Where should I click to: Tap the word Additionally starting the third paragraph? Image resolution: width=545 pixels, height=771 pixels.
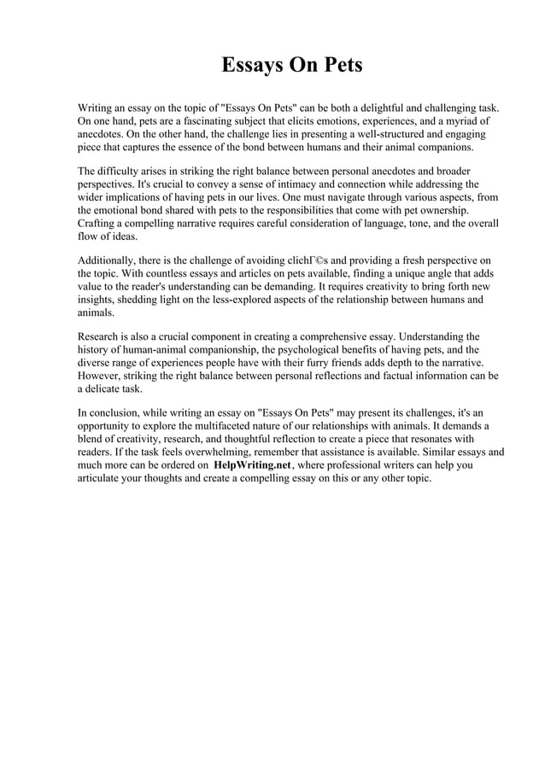109,259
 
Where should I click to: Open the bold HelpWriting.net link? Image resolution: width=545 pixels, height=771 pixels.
252,465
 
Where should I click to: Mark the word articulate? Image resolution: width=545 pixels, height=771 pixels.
103,478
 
